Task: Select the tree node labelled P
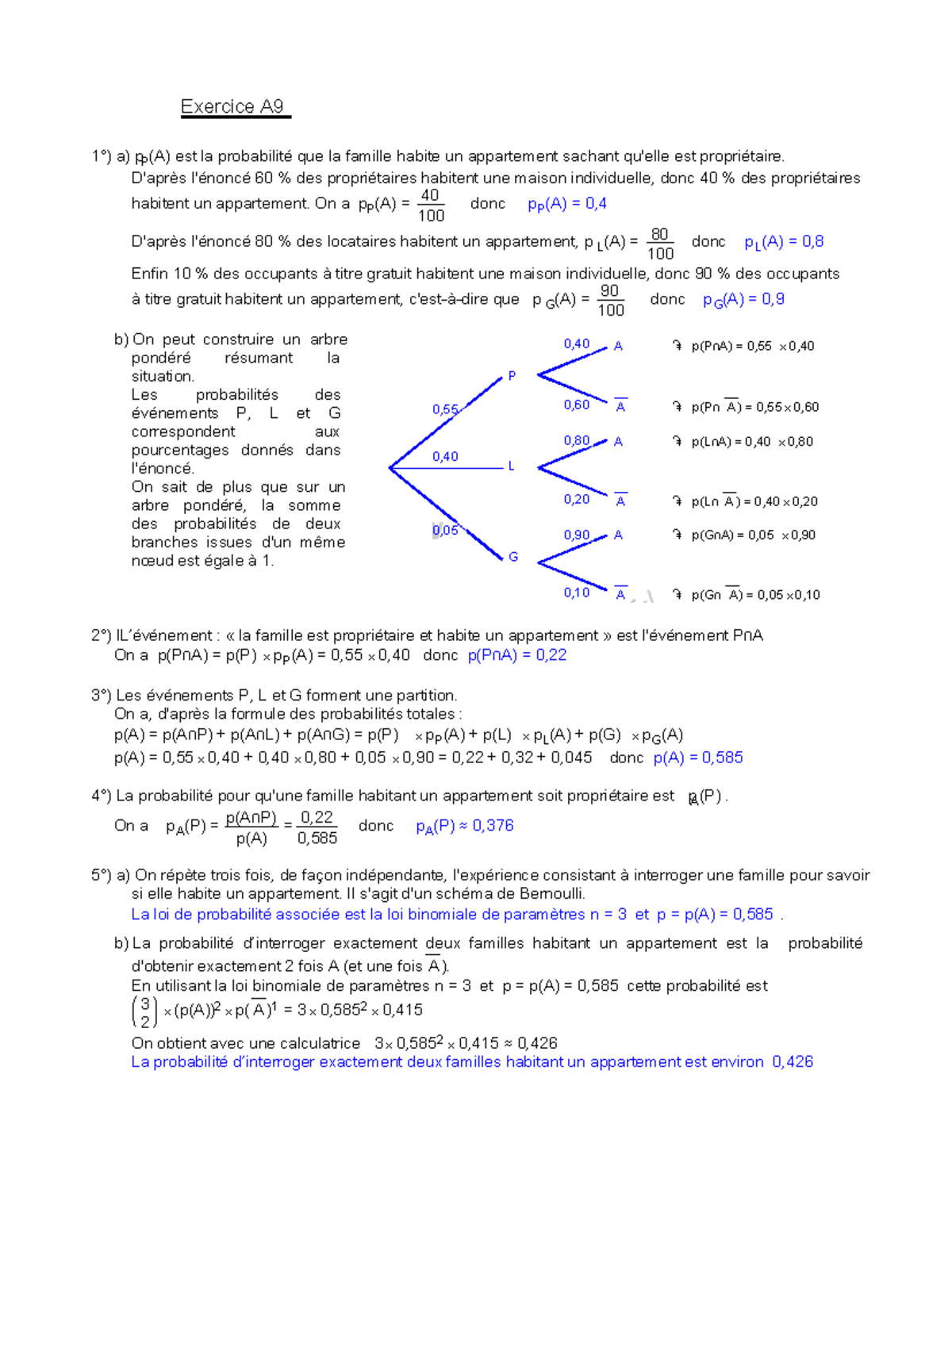512,375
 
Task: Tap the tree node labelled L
511,466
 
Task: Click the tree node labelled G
513,557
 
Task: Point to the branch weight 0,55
445,409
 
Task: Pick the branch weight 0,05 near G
445,530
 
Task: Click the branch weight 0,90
577,535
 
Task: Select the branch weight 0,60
577,405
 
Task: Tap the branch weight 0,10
577,593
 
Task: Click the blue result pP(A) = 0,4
566,204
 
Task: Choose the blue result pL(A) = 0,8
784,242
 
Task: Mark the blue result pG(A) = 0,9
743,299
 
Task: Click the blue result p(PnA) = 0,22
517,655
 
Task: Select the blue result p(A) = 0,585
698,758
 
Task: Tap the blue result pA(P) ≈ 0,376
465,826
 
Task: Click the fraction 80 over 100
660,244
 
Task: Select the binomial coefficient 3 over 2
144,1012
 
